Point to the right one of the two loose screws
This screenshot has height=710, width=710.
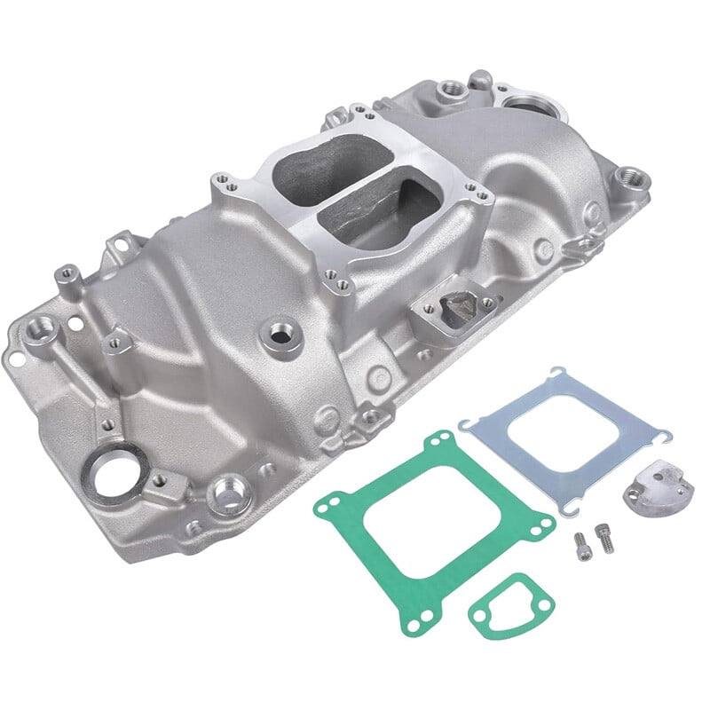point(605,537)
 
